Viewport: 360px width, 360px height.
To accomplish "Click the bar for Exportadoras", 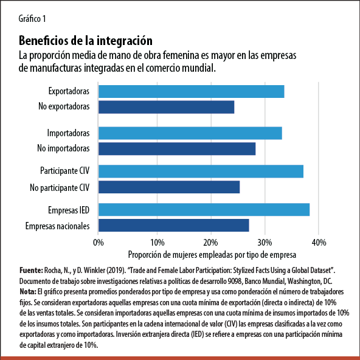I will [x=191, y=92].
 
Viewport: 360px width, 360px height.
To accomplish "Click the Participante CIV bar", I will [x=201, y=171].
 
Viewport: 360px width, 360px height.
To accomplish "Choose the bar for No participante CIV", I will [x=168, y=187].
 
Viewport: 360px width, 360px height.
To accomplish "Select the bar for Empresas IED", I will [x=204, y=210].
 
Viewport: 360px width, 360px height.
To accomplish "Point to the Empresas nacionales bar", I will [x=173, y=226].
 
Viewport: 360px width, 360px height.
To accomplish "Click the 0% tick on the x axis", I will [x=99, y=241].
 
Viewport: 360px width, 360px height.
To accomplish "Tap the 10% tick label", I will [x=157, y=241].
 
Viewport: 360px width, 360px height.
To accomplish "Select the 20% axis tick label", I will [x=211, y=241].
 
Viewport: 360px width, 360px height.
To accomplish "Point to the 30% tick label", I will [x=265, y=241].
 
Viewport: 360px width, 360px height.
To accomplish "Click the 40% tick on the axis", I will [x=318, y=241].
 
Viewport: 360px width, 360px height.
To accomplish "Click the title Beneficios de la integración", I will [x=86, y=41].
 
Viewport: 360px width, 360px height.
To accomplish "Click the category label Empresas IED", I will [x=69, y=210].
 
